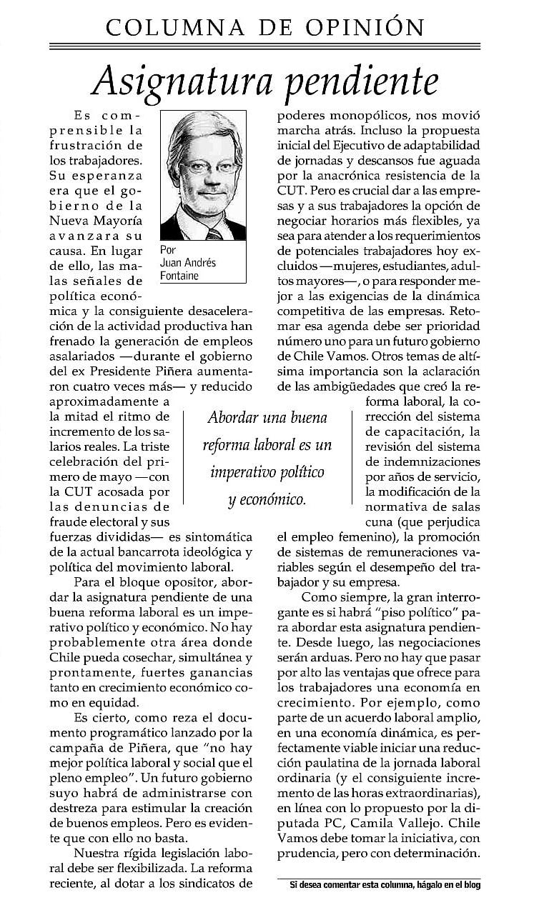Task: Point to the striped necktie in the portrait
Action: click(x=214, y=232)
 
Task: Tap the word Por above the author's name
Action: click(x=169, y=251)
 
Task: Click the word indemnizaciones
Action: click(x=422, y=461)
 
